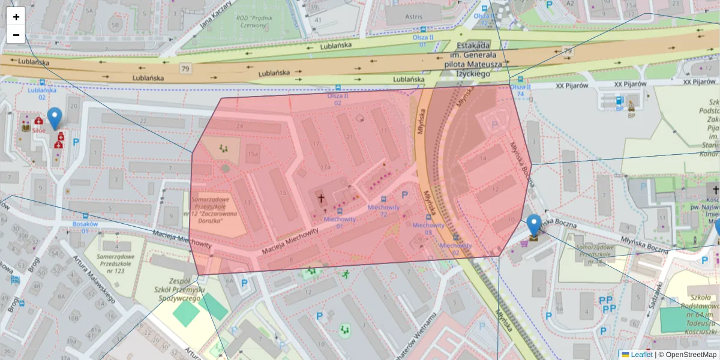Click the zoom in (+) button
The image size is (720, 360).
[16, 17]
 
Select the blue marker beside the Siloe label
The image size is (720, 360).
[55, 118]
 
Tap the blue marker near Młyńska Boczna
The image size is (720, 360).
[533, 226]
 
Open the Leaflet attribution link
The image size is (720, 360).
[641, 355]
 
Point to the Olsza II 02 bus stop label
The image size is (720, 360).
[337, 99]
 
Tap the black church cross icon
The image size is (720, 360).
[320, 197]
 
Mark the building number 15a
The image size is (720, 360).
[253, 154]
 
